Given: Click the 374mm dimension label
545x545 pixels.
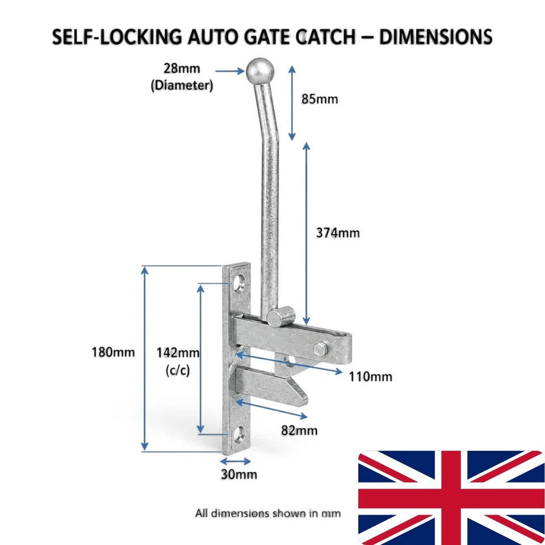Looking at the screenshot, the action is pyautogui.click(x=337, y=233).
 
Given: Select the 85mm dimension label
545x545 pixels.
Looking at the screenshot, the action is pyautogui.click(x=320, y=99).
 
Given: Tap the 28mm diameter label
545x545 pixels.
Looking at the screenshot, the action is pyautogui.click(x=182, y=77).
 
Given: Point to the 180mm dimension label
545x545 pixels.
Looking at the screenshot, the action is pyautogui.click(x=113, y=352).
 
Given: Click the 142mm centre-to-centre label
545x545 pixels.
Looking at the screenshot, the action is pyautogui.click(x=178, y=361).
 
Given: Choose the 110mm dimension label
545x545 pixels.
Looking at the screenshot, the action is pyautogui.click(x=371, y=376).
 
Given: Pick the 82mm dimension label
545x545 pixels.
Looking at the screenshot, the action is pyautogui.click(x=299, y=430).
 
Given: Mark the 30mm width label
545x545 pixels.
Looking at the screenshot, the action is pyautogui.click(x=239, y=474).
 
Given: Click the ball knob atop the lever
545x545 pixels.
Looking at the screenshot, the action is pyautogui.click(x=260, y=72).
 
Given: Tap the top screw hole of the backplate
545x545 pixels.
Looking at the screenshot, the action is pyautogui.click(x=240, y=282).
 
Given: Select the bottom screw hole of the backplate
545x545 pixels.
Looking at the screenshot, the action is pyautogui.click(x=238, y=435).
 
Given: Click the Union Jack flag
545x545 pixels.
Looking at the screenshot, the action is pyautogui.click(x=451, y=497).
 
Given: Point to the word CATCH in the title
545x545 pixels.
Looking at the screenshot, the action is pyautogui.click(x=327, y=36).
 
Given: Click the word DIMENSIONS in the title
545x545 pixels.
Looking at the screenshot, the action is pyautogui.click(x=435, y=36).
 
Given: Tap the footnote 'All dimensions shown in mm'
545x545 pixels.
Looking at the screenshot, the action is pyautogui.click(x=267, y=513).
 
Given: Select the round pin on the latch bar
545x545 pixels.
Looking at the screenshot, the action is pyautogui.click(x=321, y=349).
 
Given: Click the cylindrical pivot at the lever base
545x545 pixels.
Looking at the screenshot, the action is pyautogui.click(x=281, y=316).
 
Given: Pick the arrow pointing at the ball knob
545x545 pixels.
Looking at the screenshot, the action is pyautogui.click(x=230, y=72).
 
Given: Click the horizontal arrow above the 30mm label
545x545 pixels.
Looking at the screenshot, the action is pyautogui.click(x=236, y=461).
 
